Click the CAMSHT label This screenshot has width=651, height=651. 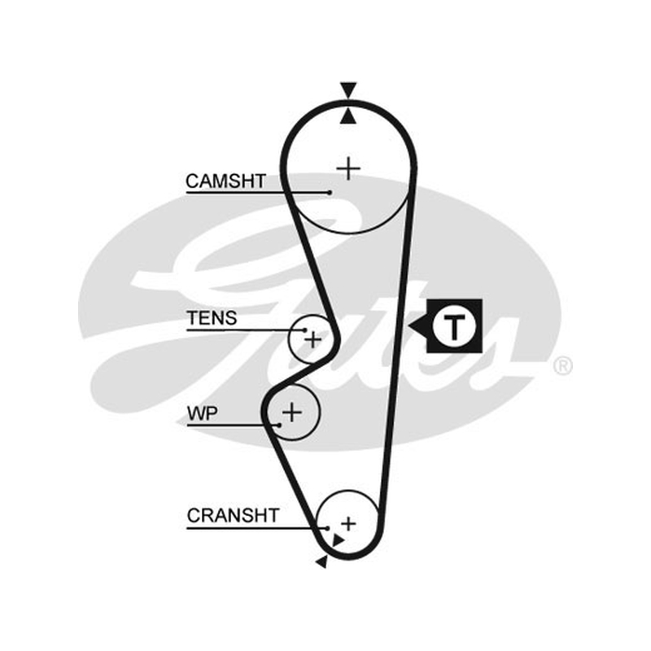point(225,181)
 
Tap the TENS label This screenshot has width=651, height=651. point(212,318)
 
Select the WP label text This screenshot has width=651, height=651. point(202,413)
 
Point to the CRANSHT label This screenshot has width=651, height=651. point(233,516)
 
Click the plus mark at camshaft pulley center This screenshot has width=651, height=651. point(348,168)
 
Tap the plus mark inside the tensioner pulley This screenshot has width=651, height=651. point(313,340)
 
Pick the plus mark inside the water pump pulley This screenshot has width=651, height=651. point(292,413)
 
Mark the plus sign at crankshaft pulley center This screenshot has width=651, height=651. point(349,523)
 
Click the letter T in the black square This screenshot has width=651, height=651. point(453,326)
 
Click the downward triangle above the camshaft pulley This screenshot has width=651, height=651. point(348,90)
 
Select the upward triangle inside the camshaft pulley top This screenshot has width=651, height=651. point(348,116)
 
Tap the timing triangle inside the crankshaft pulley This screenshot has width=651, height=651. point(338,540)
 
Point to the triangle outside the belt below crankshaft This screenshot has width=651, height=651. point(322,561)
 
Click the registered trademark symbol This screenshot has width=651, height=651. point(562,365)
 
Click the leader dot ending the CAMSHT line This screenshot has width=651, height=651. point(330,193)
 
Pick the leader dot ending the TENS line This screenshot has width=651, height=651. point(305,330)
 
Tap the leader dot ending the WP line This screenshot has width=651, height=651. point(279,425)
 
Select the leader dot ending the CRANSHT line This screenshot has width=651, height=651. point(328,528)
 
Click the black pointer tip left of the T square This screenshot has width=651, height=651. point(409,326)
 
